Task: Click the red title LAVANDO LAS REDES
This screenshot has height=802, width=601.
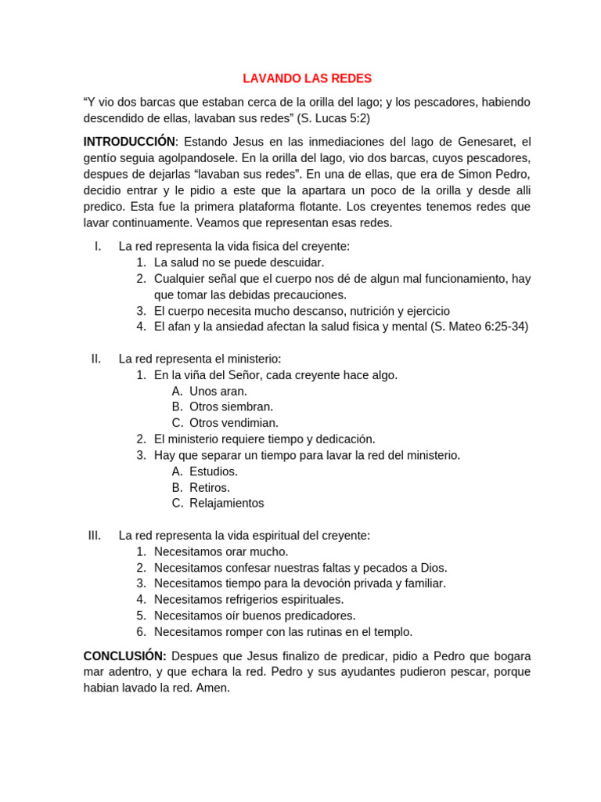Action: point(307,78)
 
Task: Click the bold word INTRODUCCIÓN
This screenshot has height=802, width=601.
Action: point(129,142)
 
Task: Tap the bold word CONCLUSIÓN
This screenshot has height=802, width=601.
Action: point(124,656)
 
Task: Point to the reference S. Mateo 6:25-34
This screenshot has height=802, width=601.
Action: point(480,327)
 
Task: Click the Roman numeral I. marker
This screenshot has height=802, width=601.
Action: point(98,246)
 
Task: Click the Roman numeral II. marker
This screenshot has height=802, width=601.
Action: point(96,359)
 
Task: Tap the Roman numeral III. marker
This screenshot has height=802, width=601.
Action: point(95,536)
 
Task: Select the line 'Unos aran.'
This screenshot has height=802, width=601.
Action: point(218,391)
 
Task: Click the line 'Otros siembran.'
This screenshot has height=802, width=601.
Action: point(231,407)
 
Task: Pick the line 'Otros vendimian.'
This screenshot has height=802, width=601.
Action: point(233,423)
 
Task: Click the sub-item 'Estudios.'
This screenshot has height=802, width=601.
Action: point(214,471)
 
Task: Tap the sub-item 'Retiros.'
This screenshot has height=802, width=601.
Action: point(210,487)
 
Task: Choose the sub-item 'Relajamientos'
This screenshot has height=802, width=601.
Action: point(226,504)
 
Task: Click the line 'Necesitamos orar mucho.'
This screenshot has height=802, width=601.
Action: point(221,551)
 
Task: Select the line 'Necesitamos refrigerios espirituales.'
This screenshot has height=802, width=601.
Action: point(249,599)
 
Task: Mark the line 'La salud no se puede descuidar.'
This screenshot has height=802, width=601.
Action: point(239,262)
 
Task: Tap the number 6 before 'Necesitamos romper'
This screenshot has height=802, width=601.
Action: point(141,632)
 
